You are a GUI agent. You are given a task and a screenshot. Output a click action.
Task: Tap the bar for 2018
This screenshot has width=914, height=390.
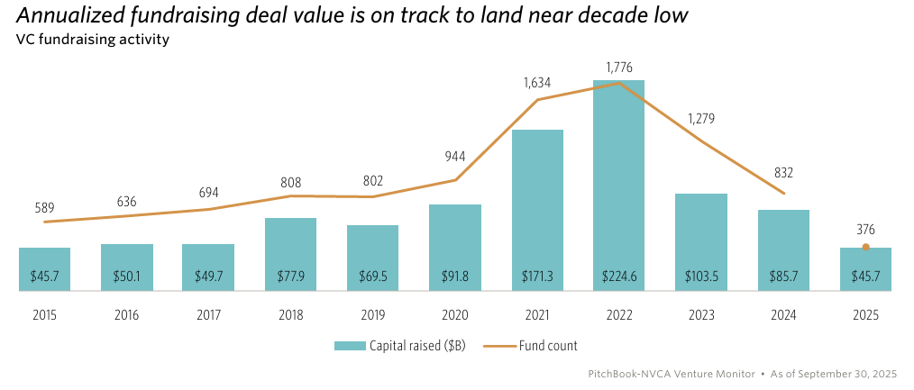tap(290, 254)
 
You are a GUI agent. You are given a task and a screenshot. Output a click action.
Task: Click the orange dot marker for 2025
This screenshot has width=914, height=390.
tap(865, 247)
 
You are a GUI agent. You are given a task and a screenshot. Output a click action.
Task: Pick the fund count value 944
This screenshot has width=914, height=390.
tap(454, 157)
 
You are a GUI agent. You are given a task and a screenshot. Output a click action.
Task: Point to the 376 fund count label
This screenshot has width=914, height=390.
tap(865, 230)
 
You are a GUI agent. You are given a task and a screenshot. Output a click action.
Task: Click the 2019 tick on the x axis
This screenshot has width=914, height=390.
tap(372, 316)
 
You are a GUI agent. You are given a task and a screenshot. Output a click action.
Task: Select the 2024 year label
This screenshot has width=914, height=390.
tap(782, 316)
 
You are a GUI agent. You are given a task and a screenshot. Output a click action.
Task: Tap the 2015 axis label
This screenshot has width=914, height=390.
tap(44, 316)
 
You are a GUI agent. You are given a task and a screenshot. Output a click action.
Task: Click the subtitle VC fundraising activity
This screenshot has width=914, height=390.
tap(93, 40)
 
